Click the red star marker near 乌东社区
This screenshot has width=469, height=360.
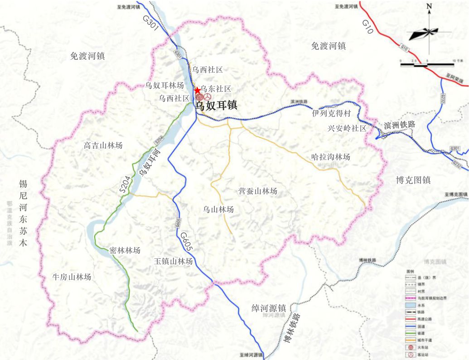pos(198,91)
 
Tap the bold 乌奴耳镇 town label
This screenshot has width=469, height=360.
pos(216,106)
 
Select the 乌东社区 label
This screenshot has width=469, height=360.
pos(216,89)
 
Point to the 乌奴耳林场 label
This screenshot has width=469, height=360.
pos(164,85)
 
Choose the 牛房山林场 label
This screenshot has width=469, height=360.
pos(72,277)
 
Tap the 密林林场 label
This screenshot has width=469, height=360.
pos(125,250)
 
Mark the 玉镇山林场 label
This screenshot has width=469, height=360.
pos(173,261)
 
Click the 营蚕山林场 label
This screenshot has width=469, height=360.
pos(257,191)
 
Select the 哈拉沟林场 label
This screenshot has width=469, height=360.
pos(331,157)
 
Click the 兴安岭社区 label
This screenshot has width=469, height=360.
pos(347,128)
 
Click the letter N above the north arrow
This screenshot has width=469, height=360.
pos(429,6)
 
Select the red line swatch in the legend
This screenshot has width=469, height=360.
pos(411,319)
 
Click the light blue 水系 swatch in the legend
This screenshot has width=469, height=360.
pos(411,306)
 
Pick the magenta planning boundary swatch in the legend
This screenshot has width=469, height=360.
pos(411,299)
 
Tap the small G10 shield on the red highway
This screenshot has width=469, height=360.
pos(404,48)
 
